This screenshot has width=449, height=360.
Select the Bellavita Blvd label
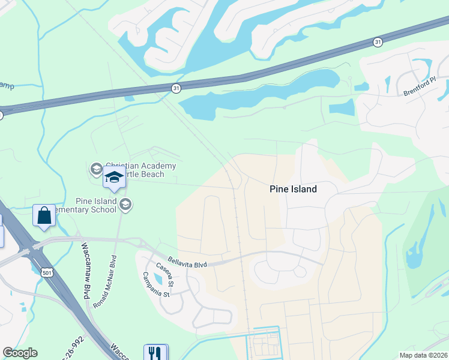point(187,264)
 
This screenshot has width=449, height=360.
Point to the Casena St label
point(164,274)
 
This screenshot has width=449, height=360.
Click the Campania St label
point(156,285)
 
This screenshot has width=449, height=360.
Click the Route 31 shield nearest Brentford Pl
point(377,41)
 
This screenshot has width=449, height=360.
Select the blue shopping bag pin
point(44,216)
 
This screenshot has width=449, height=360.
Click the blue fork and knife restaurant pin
point(155,352)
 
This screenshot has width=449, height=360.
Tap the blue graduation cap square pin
point(114,177)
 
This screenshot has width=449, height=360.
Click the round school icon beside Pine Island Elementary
point(125,205)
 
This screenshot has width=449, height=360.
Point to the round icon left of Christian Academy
point(96,169)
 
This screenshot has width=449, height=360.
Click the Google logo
point(20,353)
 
